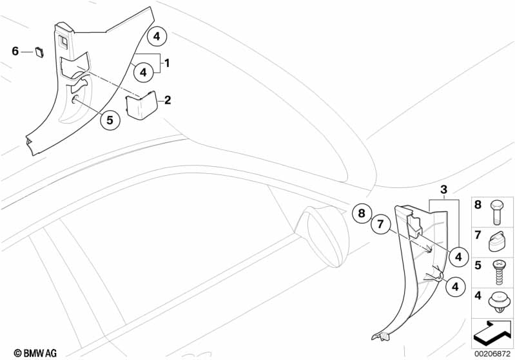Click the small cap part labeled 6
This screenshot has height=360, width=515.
pyautogui.click(x=39, y=52)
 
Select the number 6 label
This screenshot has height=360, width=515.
pyautogui.click(x=15, y=52)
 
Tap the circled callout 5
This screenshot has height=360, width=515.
pyautogui.click(x=110, y=120)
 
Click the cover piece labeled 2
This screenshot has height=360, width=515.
pyautogui.click(x=141, y=106)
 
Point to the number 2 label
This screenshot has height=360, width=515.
pyautogui.click(x=168, y=100)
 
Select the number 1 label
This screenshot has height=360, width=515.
pyautogui.click(x=167, y=62)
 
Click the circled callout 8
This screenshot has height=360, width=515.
pyautogui.click(x=362, y=213)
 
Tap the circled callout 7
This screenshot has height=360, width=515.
pyautogui.click(x=380, y=224)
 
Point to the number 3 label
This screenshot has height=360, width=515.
pyautogui.click(x=443, y=189)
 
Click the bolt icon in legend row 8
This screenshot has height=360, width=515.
pyautogui.click(x=496, y=213)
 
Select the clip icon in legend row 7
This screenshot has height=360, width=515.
pyautogui.click(x=496, y=242)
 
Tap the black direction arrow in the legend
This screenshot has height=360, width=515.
pyautogui.click(x=492, y=333)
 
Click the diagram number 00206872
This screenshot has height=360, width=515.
pyautogui.click(x=492, y=354)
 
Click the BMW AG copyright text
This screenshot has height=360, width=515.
pyautogui.click(x=35, y=353)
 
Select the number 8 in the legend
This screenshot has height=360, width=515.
pyautogui.click(x=478, y=205)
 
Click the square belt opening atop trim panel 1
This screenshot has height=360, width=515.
pyautogui.click(x=63, y=41)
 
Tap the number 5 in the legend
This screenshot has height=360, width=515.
pyautogui.click(x=478, y=265)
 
